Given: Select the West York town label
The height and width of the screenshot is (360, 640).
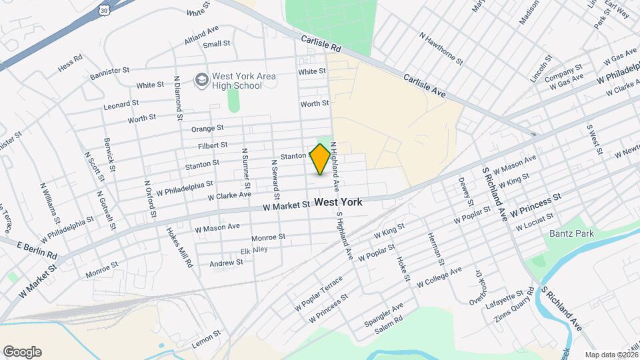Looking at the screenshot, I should tap(338, 202).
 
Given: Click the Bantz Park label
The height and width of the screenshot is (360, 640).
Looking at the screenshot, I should tap(567, 233).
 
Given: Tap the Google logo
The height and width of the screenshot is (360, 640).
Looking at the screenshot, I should tap(22, 352).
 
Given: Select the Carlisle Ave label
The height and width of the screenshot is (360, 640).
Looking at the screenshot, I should tap(424, 85).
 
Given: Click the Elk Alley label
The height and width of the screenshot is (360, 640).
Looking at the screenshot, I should tap(254, 250).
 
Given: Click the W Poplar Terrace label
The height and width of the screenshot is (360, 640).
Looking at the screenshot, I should tap(319, 293).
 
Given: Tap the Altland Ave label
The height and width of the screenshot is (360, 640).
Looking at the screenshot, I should tap(201, 34).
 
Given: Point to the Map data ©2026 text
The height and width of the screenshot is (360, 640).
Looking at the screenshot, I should tap(611, 355).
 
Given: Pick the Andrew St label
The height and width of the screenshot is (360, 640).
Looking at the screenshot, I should tap(227, 263).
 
